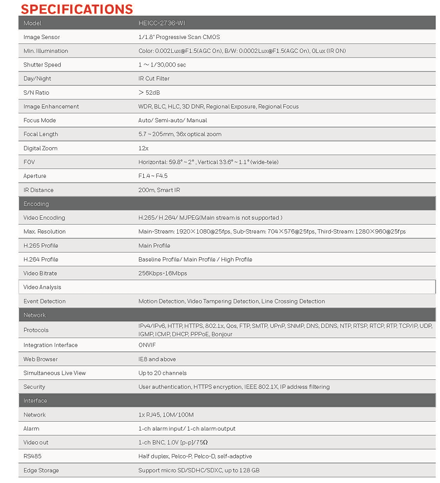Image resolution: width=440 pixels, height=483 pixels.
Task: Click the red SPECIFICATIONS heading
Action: coord(77,9)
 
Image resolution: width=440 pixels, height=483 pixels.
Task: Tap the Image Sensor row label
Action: coord(41,37)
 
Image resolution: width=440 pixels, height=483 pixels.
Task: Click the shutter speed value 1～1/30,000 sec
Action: coord(162,65)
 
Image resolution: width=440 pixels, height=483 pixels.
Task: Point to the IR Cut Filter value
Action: coord(154,79)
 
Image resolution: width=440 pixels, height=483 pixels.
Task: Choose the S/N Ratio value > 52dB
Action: coord(149,93)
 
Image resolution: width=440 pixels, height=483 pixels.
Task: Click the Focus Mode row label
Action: coord(40,120)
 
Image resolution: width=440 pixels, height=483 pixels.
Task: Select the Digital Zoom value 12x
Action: coord(143,148)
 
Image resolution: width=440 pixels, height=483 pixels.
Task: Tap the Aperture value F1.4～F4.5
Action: coord(153,176)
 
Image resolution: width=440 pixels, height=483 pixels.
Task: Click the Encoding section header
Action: coord(36,204)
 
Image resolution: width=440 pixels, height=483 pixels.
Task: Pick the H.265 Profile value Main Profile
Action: coord(154,245)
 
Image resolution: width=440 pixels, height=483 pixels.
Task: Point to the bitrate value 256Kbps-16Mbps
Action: coord(163,273)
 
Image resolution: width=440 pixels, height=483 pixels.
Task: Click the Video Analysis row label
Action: coord(42,287)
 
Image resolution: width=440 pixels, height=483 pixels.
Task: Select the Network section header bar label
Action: coord(35,315)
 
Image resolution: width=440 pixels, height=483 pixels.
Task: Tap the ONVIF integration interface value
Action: coord(147,345)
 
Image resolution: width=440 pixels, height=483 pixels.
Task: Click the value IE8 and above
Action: coord(157,359)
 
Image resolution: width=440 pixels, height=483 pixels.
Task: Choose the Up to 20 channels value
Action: coord(162,373)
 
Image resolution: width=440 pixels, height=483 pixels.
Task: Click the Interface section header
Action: coord(35,401)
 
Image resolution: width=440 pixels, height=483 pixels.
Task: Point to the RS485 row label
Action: coord(32,456)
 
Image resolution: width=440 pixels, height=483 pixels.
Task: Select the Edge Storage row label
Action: coord(41,470)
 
